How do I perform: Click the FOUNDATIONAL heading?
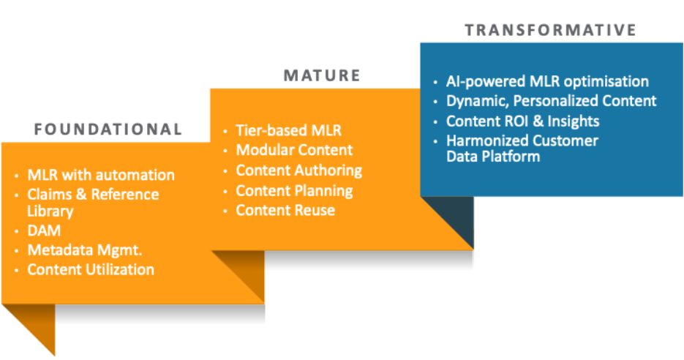pyautogui.click(x=108, y=130)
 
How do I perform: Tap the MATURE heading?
pyautogui.click(x=322, y=75)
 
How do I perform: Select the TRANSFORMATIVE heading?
pyautogui.click(x=551, y=30)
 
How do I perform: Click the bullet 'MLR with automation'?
pyautogui.click(x=101, y=175)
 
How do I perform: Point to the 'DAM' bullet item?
pyautogui.click(x=44, y=231)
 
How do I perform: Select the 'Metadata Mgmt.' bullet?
pyautogui.click(x=85, y=250)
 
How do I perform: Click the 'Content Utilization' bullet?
pyautogui.click(x=91, y=269)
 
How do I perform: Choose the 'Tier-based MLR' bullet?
pyautogui.click(x=288, y=131)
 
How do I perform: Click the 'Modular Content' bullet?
pyautogui.click(x=294, y=150)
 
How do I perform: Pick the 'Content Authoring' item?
pyautogui.click(x=298, y=170)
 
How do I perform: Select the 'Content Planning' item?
pyautogui.click(x=294, y=191)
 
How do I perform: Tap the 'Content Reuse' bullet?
pyautogui.click(x=285, y=211)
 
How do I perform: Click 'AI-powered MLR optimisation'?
pyautogui.click(x=547, y=81)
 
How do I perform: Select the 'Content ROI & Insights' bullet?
pyautogui.click(x=523, y=121)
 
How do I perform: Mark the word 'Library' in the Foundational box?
pyautogui.click(x=50, y=211)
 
